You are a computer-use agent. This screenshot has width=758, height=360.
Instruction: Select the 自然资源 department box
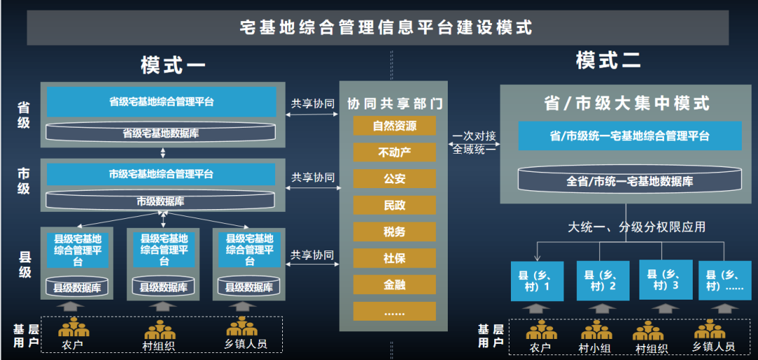click(394, 126)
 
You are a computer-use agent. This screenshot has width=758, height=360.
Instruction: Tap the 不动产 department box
click(394, 152)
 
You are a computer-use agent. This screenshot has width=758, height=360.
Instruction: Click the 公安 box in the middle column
click(394, 179)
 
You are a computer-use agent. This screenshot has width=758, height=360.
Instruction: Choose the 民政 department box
click(394, 206)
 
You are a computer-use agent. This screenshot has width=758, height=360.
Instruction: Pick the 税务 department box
click(394, 232)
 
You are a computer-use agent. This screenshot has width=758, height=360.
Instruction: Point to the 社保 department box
click(394, 258)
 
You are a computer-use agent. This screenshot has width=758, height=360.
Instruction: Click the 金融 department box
click(394, 285)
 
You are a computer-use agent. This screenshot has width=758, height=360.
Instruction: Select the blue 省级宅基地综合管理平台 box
click(161, 102)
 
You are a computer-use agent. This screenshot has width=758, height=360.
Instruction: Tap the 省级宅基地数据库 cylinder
click(161, 132)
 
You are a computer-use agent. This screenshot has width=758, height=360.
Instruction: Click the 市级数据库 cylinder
click(161, 200)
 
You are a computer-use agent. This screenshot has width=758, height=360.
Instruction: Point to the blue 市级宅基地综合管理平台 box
click(161, 174)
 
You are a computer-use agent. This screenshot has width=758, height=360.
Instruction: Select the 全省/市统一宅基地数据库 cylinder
click(630, 180)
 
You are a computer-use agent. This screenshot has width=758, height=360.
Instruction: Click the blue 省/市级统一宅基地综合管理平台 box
click(630, 136)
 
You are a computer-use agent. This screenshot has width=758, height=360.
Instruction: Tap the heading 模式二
click(608, 60)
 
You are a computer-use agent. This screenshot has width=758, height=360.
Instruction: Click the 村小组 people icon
click(596, 331)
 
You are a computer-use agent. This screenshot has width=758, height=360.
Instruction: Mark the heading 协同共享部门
click(394, 104)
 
